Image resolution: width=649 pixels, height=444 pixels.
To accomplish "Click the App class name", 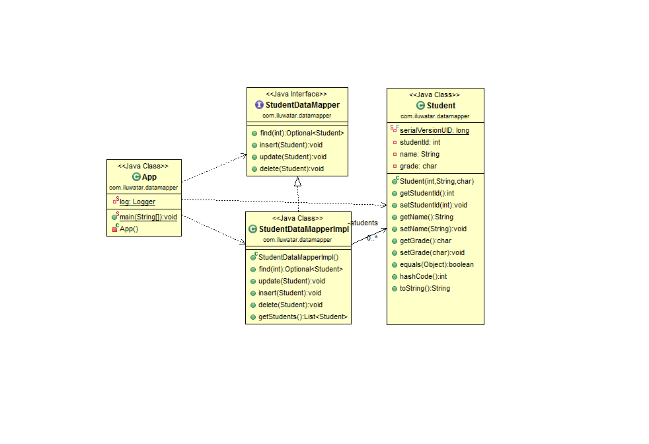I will (149, 177).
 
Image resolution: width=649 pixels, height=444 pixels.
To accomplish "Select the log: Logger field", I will (137, 202).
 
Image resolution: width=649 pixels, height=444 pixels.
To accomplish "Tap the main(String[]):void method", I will (148, 217).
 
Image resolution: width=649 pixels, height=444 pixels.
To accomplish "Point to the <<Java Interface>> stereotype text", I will (297, 94).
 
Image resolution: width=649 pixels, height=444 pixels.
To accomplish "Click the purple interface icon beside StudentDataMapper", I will (259, 105).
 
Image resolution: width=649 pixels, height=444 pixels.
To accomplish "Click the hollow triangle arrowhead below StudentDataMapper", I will (298, 182).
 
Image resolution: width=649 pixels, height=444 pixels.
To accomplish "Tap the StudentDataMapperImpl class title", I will (303, 229).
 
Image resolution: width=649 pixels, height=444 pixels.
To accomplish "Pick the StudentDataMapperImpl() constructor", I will (298, 257).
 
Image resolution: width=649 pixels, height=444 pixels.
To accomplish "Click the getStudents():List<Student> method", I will (302, 317).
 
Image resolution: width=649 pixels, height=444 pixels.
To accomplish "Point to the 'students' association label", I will (364, 223).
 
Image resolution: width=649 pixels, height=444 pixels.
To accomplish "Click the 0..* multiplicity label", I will (372, 237).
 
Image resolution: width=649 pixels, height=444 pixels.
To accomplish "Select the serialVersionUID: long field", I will (434, 130).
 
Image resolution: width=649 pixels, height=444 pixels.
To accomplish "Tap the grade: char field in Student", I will (418, 166).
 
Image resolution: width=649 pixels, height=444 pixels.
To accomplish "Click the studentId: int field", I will (420, 142).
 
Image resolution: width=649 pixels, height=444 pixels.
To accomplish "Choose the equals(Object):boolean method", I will (436, 264).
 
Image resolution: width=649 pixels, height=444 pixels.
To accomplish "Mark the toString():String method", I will (424, 288).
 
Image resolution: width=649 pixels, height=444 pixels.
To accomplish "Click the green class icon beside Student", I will (420, 106).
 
